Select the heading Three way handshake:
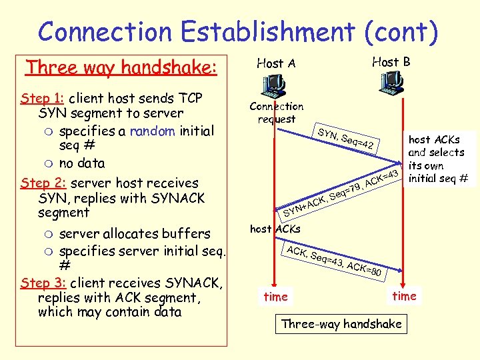pos(121,67)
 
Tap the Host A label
pos(276,63)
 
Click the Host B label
pos(391,62)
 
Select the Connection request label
pos(276,113)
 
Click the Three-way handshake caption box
pos(341,324)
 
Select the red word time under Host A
pos(275,297)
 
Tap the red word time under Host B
pos(404,295)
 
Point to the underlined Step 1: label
pos(43,98)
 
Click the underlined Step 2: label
pos(43,183)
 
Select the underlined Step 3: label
pos(43,283)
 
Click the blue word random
pos(152,131)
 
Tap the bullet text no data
pos(82,163)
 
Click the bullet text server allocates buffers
pos(135,234)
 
